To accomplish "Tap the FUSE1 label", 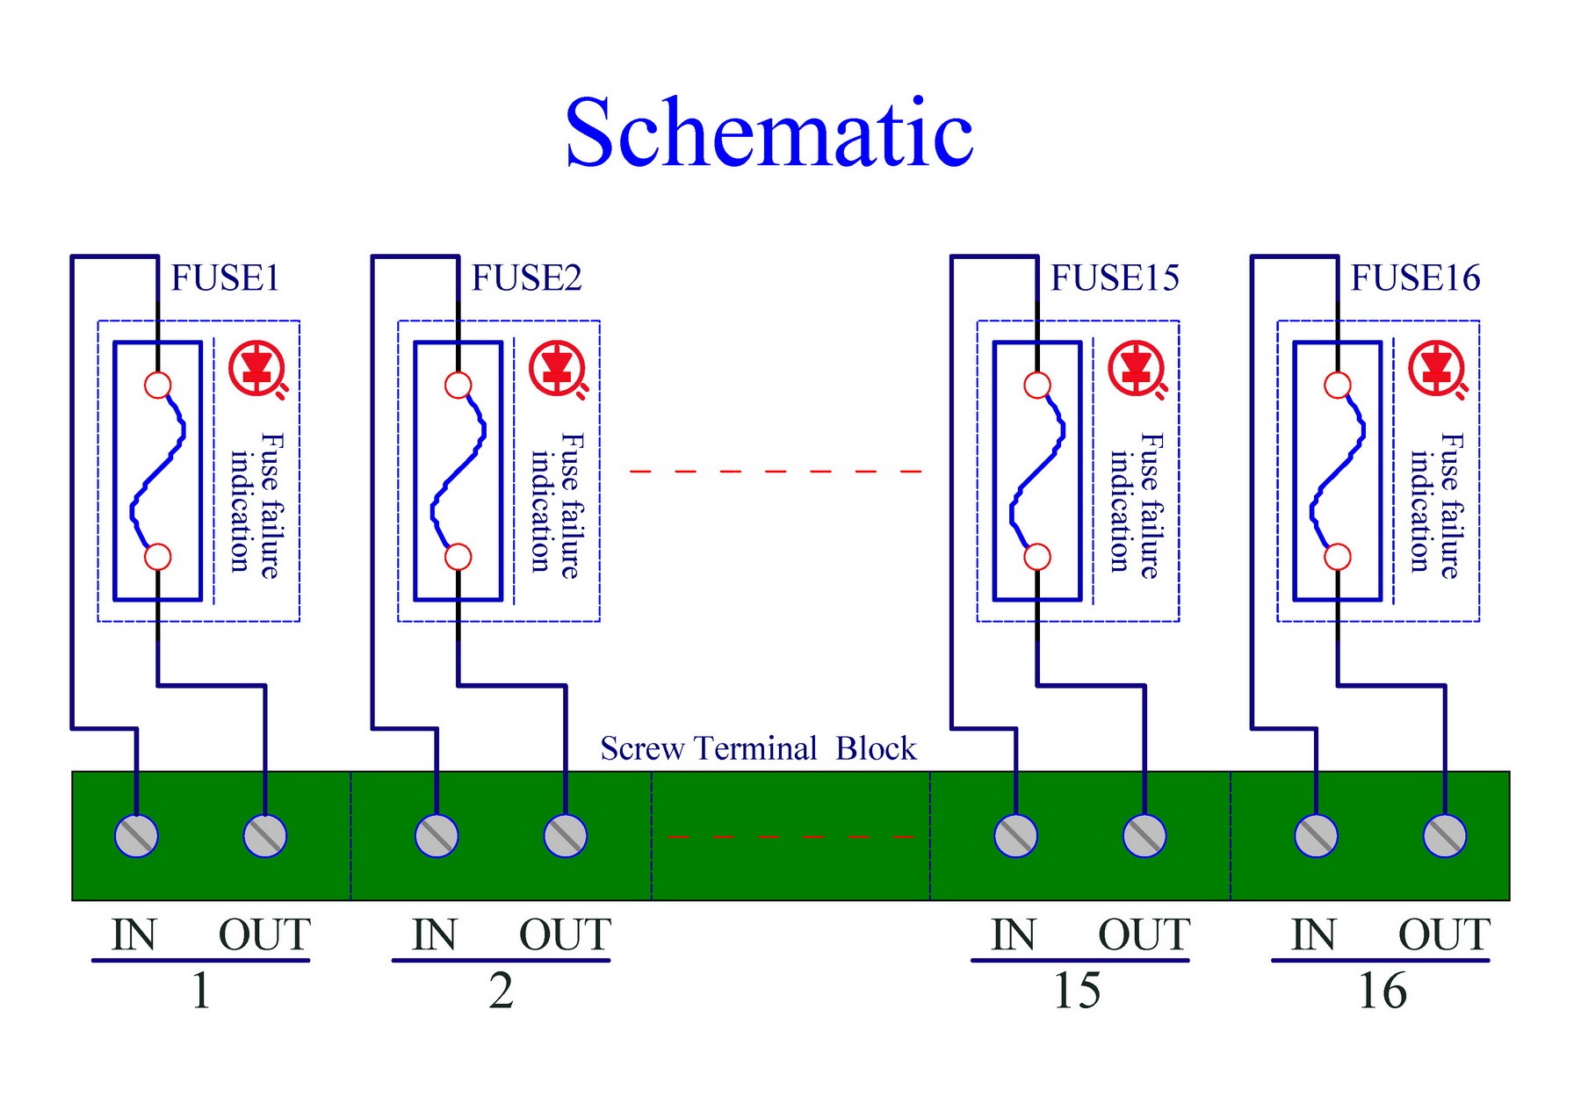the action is coord(225,278).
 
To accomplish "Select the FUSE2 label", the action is coord(526,278).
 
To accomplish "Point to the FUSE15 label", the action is coord(1115,278).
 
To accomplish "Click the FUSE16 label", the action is coord(1415,278).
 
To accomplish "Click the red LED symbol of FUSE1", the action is coord(257,369).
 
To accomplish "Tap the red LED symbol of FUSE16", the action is coord(1437,369).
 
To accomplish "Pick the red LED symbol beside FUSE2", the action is coord(558,369).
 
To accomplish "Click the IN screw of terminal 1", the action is coord(137,835).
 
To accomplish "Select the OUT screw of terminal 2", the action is coord(566,835).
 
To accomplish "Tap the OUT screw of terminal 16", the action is coord(1445,835).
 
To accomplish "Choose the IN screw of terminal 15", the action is coord(1016,835).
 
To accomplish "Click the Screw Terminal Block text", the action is coord(758,748).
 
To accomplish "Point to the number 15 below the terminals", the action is coord(1077,991).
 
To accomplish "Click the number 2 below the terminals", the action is coord(502,991).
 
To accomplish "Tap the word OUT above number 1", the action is coord(264,934).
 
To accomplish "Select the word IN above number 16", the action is coord(1313,934).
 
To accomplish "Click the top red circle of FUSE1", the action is coord(158,386).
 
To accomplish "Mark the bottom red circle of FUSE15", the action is coord(1037,557).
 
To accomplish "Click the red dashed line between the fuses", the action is coord(776,472).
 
